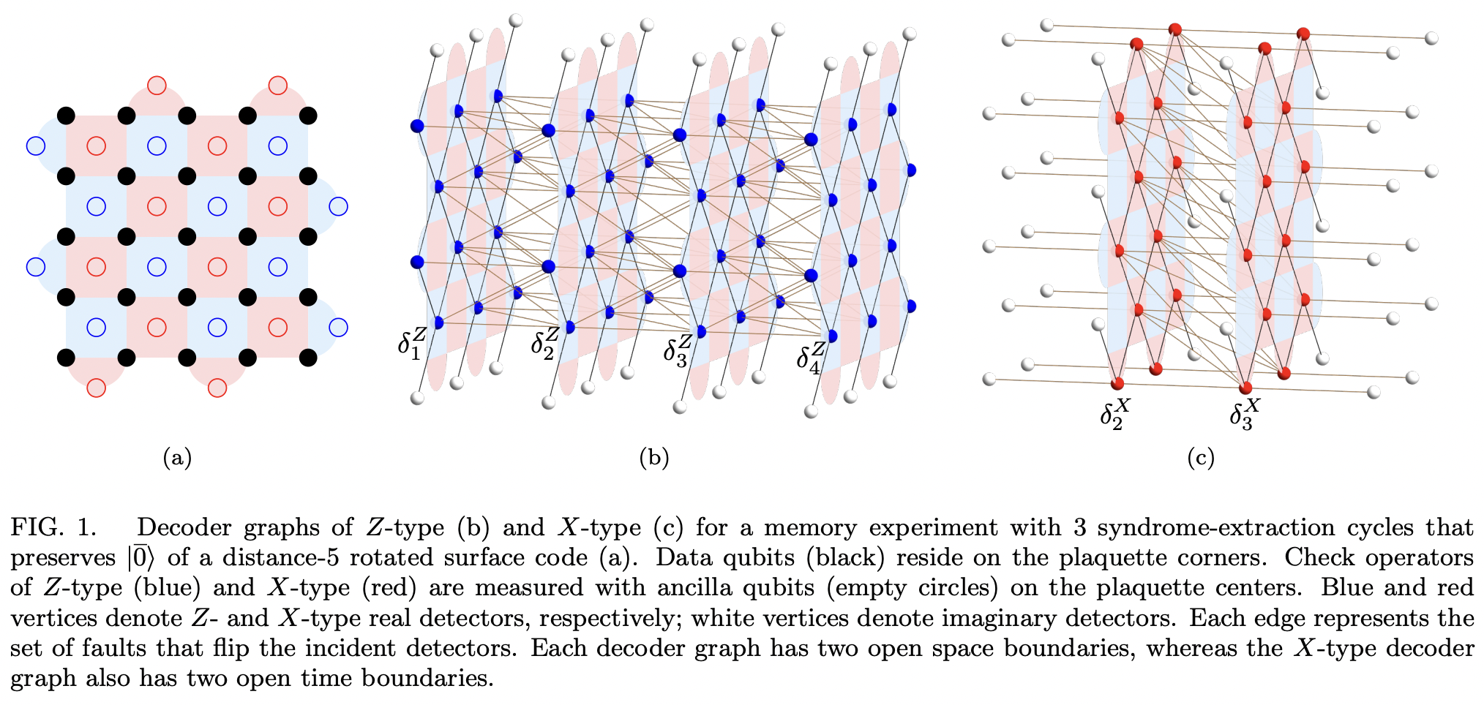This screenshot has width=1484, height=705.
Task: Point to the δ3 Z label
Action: [x=677, y=349]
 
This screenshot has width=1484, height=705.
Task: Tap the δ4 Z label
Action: [x=811, y=358]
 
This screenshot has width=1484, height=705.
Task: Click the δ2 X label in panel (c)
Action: [x=1114, y=414]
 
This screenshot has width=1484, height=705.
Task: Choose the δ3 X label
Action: [x=1245, y=414]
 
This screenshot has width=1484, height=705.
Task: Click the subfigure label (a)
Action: [x=177, y=458]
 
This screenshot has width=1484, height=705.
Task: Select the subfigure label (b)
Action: [x=653, y=458]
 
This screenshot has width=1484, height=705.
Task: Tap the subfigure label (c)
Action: [x=1200, y=458]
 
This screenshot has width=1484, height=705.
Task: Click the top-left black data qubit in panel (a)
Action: [x=66, y=115]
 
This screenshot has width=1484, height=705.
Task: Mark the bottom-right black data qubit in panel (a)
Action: [x=308, y=358]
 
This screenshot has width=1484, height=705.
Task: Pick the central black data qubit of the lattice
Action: [x=187, y=236]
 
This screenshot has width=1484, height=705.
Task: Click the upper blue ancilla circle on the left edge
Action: [x=35, y=146]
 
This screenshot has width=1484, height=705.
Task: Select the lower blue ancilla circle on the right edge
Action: [x=339, y=327]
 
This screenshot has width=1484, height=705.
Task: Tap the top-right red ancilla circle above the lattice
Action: [x=278, y=86]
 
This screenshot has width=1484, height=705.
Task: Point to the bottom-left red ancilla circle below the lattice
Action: [x=96, y=388]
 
